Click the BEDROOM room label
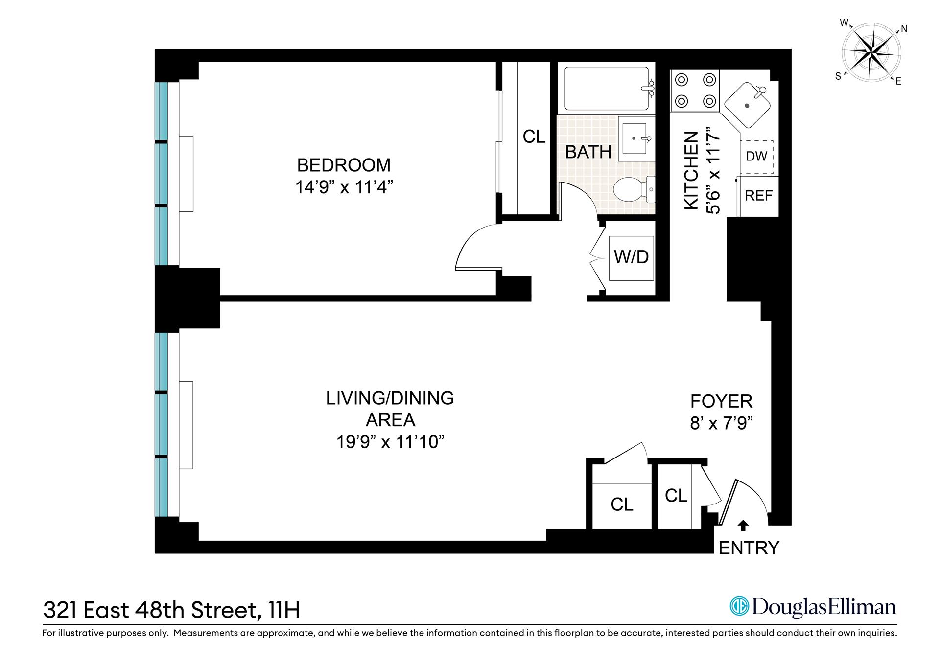click(x=344, y=165)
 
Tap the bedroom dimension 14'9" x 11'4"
click(x=344, y=187)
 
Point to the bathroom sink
click(x=634, y=138)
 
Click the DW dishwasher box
click(x=756, y=157)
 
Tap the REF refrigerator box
click(x=758, y=196)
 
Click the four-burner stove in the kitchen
click(x=695, y=90)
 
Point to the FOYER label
click(x=721, y=401)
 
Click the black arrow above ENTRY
click(x=743, y=525)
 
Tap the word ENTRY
click(x=748, y=548)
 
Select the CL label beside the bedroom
click(x=534, y=137)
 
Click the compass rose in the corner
click(x=870, y=52)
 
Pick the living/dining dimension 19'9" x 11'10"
click(x=390, y=442)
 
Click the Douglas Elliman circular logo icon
click(x=739, y=607)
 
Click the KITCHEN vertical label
click(x=691, y=171)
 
